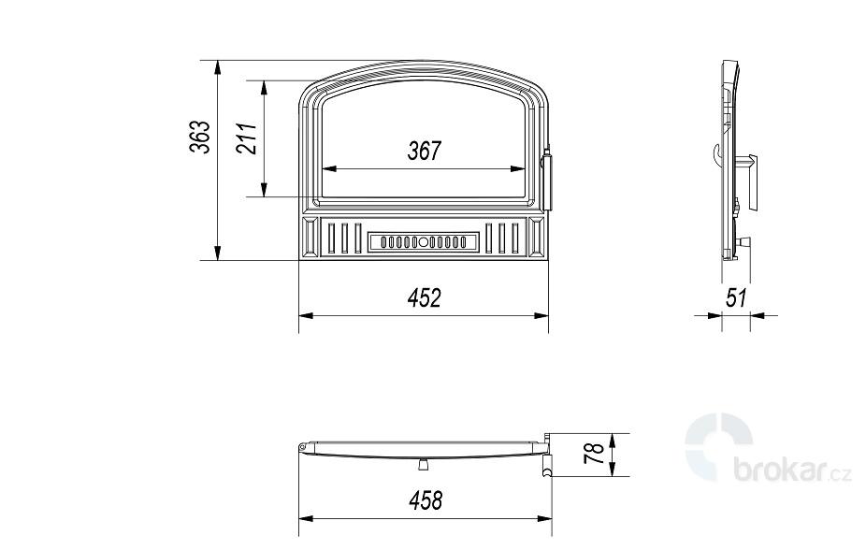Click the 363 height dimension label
point(200,137)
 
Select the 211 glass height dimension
point(247,138)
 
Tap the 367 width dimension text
point(425,151)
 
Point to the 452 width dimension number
point(425,297)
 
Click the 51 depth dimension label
point(737,297)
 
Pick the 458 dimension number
point(426,500)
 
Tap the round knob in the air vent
point(423,242)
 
